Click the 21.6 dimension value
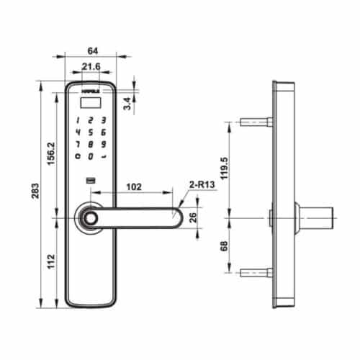click(x=91, y=67)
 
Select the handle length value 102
click(x=133, y=186)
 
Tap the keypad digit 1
click(x=77, y=120)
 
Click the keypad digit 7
click(x=77, y=143)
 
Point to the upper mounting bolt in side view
click(x=254, y=122)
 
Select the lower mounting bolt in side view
click(x=254, y=271)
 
